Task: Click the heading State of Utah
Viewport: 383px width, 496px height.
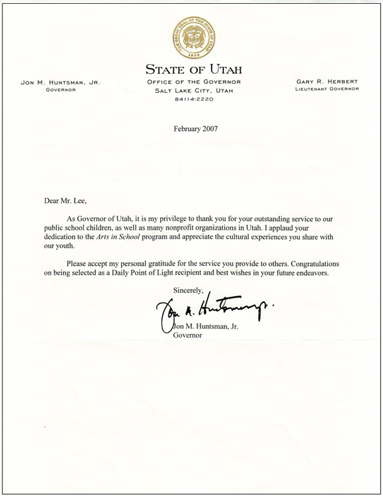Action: (193, 69)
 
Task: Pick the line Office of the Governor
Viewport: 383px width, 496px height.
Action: (193, 83)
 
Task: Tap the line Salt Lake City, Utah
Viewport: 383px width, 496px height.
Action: (193, 91)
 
